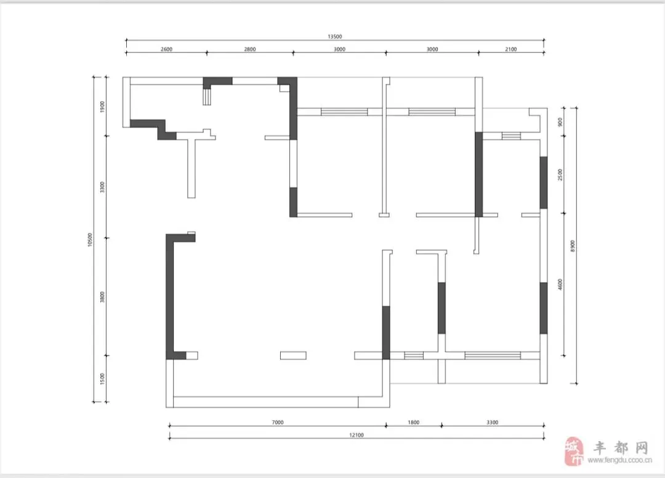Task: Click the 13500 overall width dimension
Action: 334,36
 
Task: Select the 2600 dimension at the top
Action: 167,49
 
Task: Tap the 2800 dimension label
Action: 250,49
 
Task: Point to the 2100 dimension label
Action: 511,49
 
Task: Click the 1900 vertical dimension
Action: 102,107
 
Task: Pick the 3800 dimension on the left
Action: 102,297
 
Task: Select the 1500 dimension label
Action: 102,379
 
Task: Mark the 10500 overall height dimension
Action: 89,240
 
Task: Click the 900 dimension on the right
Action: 560,122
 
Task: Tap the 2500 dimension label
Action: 560,175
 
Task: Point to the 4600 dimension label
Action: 560,285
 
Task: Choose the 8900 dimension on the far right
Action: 573,246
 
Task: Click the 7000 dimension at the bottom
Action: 278,423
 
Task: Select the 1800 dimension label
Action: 414,423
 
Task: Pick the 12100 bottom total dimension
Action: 357,435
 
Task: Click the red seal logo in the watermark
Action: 574,452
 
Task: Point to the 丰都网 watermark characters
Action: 621,447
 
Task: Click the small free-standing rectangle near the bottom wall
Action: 293,355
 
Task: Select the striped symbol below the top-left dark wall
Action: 206,97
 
